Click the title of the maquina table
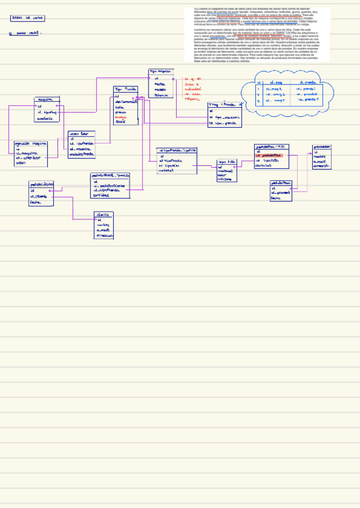(46, 99)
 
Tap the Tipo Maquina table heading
(160, 71)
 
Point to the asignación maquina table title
(31, 144)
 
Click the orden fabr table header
(80, 134)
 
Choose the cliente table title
(103, 214)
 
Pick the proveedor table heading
(322, 146)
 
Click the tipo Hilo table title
(226, 162)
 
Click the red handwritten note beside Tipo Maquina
(193, 88)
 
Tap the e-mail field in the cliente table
(104, 230)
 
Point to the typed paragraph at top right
(261, 35)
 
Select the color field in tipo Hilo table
(222, 174)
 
